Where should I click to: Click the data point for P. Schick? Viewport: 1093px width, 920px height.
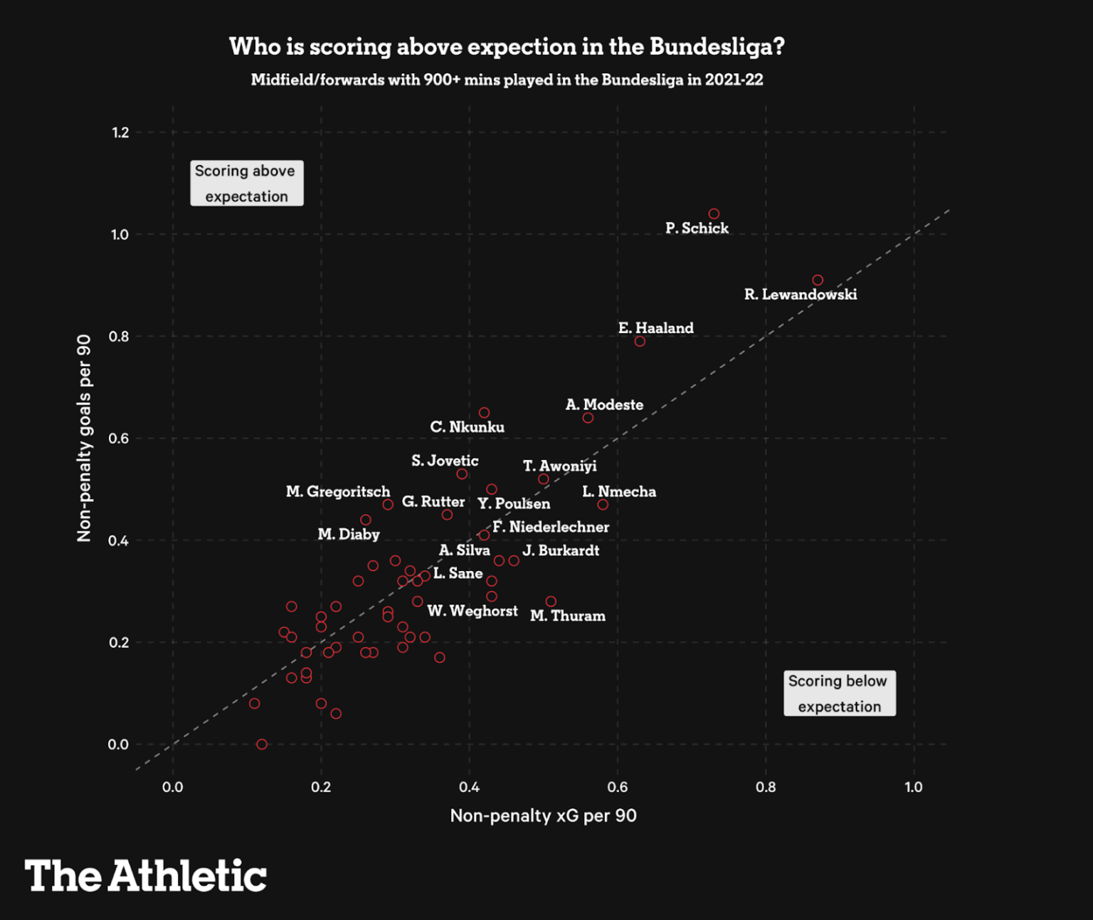[714, 214]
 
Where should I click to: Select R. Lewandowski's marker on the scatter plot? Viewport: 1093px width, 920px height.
[818, 281]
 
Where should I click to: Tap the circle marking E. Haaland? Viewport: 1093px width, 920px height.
[640, 342]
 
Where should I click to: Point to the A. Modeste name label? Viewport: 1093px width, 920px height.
[604, 404]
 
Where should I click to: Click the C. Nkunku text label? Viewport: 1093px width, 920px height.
[467, 427]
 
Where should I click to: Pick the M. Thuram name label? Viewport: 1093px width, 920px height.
[567, 616]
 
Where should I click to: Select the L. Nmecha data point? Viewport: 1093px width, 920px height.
[603, 505]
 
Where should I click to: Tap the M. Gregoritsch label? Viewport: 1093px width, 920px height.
[338, 491]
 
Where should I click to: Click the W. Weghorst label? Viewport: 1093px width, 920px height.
[472, 611]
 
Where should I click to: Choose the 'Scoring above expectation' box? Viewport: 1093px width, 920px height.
[246, 183]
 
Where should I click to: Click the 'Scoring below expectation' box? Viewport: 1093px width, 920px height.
[839, 693]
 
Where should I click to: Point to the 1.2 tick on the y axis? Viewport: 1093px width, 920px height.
[120, 132]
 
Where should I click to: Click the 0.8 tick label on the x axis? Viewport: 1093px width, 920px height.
[766, 787]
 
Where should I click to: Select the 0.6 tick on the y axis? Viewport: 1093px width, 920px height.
[119, 439]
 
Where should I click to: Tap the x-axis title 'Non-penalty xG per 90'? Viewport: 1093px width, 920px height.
[543, 815]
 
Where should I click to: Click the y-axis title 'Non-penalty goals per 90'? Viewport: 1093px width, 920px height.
[84, 438]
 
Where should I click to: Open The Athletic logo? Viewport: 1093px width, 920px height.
[146, 875]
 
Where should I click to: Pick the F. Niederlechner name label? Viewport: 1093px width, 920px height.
[550, 527]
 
